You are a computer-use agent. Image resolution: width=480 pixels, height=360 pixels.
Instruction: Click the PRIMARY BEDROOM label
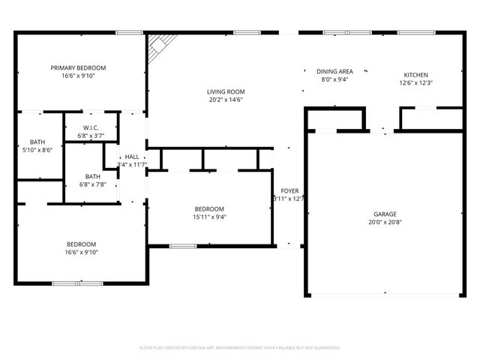click(x=78, y=67)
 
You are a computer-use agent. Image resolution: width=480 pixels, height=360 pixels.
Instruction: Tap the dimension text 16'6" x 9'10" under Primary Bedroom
click(x=78, y=76)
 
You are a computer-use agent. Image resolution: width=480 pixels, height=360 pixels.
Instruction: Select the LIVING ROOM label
click(x=226, y=91)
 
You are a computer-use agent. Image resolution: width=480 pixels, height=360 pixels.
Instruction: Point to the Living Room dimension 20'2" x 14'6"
click(x=226, y=100)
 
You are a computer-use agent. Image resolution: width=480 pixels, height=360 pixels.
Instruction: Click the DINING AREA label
click(x=334, y=71)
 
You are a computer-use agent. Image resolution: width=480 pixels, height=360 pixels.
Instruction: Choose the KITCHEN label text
click(x=415, y=75)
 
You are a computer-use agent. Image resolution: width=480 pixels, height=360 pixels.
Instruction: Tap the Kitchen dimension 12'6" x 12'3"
click(x=415, y=83)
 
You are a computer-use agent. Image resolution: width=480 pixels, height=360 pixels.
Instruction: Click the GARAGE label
click(x=385, y=214)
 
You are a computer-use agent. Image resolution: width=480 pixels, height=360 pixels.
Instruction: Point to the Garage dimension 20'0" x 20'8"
click(x=385, y=222)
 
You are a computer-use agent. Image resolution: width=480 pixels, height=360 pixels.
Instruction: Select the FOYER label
click(x=289, y=191)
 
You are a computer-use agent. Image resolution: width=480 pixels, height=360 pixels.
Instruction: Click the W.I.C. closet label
click(x=91, y=127)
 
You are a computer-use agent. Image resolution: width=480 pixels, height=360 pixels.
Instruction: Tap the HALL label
click(x=131, y=156)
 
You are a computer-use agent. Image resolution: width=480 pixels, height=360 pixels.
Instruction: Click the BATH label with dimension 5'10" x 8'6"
click(x=37, y=142)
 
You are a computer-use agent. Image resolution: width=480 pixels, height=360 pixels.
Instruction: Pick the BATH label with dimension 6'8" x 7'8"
click(x=91, y=176)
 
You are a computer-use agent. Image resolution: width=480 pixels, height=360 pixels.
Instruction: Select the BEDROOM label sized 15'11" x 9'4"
click(x=209, y=208)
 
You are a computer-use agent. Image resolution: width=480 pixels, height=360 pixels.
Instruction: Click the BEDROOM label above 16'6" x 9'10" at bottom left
click(x=81, y=244)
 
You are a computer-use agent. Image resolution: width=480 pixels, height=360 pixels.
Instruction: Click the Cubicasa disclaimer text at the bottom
click(x=240, y=348)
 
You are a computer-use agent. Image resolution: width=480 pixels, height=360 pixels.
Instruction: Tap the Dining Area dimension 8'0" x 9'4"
click(x=336, y=79)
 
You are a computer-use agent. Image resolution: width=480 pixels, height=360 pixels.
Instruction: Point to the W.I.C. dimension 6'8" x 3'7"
click(x=91, y=136)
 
